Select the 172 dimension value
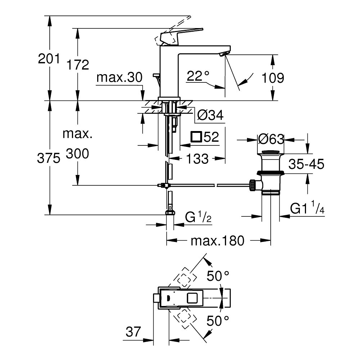77,65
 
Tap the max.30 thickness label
120,77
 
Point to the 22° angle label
198,76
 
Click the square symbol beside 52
197,137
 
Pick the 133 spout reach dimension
197,158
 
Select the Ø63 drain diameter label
271,139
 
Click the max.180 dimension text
217,240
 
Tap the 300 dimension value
77,154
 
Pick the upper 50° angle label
217,276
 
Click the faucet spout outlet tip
224,54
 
